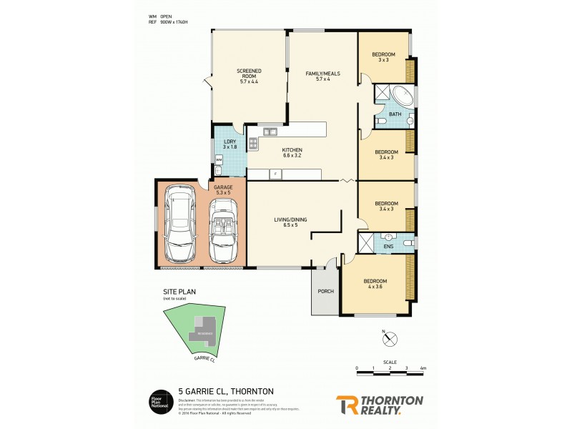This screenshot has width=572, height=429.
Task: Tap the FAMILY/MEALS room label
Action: pyautogui.click(x=322, y=77)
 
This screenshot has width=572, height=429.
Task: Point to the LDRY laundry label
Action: pyautogui.click(x=230, y=144)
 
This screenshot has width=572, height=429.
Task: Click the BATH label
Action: pyautogui.click(x=395, y=114)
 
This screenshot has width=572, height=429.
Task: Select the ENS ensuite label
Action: pyautogui.click(x=388, y=247)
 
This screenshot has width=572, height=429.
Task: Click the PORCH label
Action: pyautogui.click(x=325, y=291)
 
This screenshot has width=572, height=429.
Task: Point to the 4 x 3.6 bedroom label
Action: pyautogui.click(x=375, y=284)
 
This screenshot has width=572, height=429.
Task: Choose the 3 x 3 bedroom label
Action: pyautogui.click(x=383, y=57)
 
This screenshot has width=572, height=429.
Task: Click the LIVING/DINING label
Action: pyautogui.click(x=290, y=222)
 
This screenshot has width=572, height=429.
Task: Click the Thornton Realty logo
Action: pyautogui.click(x=379, y=404)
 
